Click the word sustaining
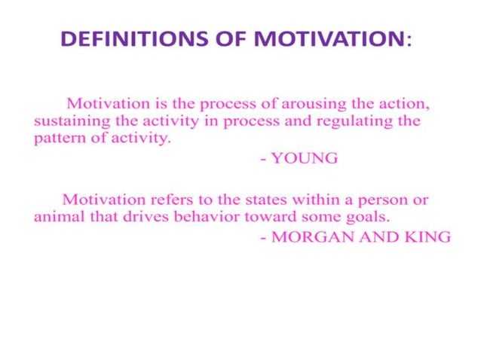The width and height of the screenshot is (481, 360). [x=66, y=121]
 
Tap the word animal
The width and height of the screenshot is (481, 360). [x=57, y=218]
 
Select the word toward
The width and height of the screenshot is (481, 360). [x=268, y=218]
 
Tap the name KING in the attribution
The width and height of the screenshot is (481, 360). [x=427, y=237]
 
